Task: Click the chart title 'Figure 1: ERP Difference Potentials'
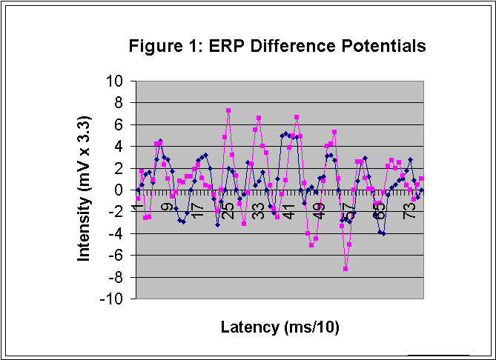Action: (x=277, y=46)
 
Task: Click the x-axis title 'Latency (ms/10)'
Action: (x=280, y=327)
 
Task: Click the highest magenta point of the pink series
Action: (x=228, y=110)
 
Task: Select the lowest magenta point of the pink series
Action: (x=345, y=269)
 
